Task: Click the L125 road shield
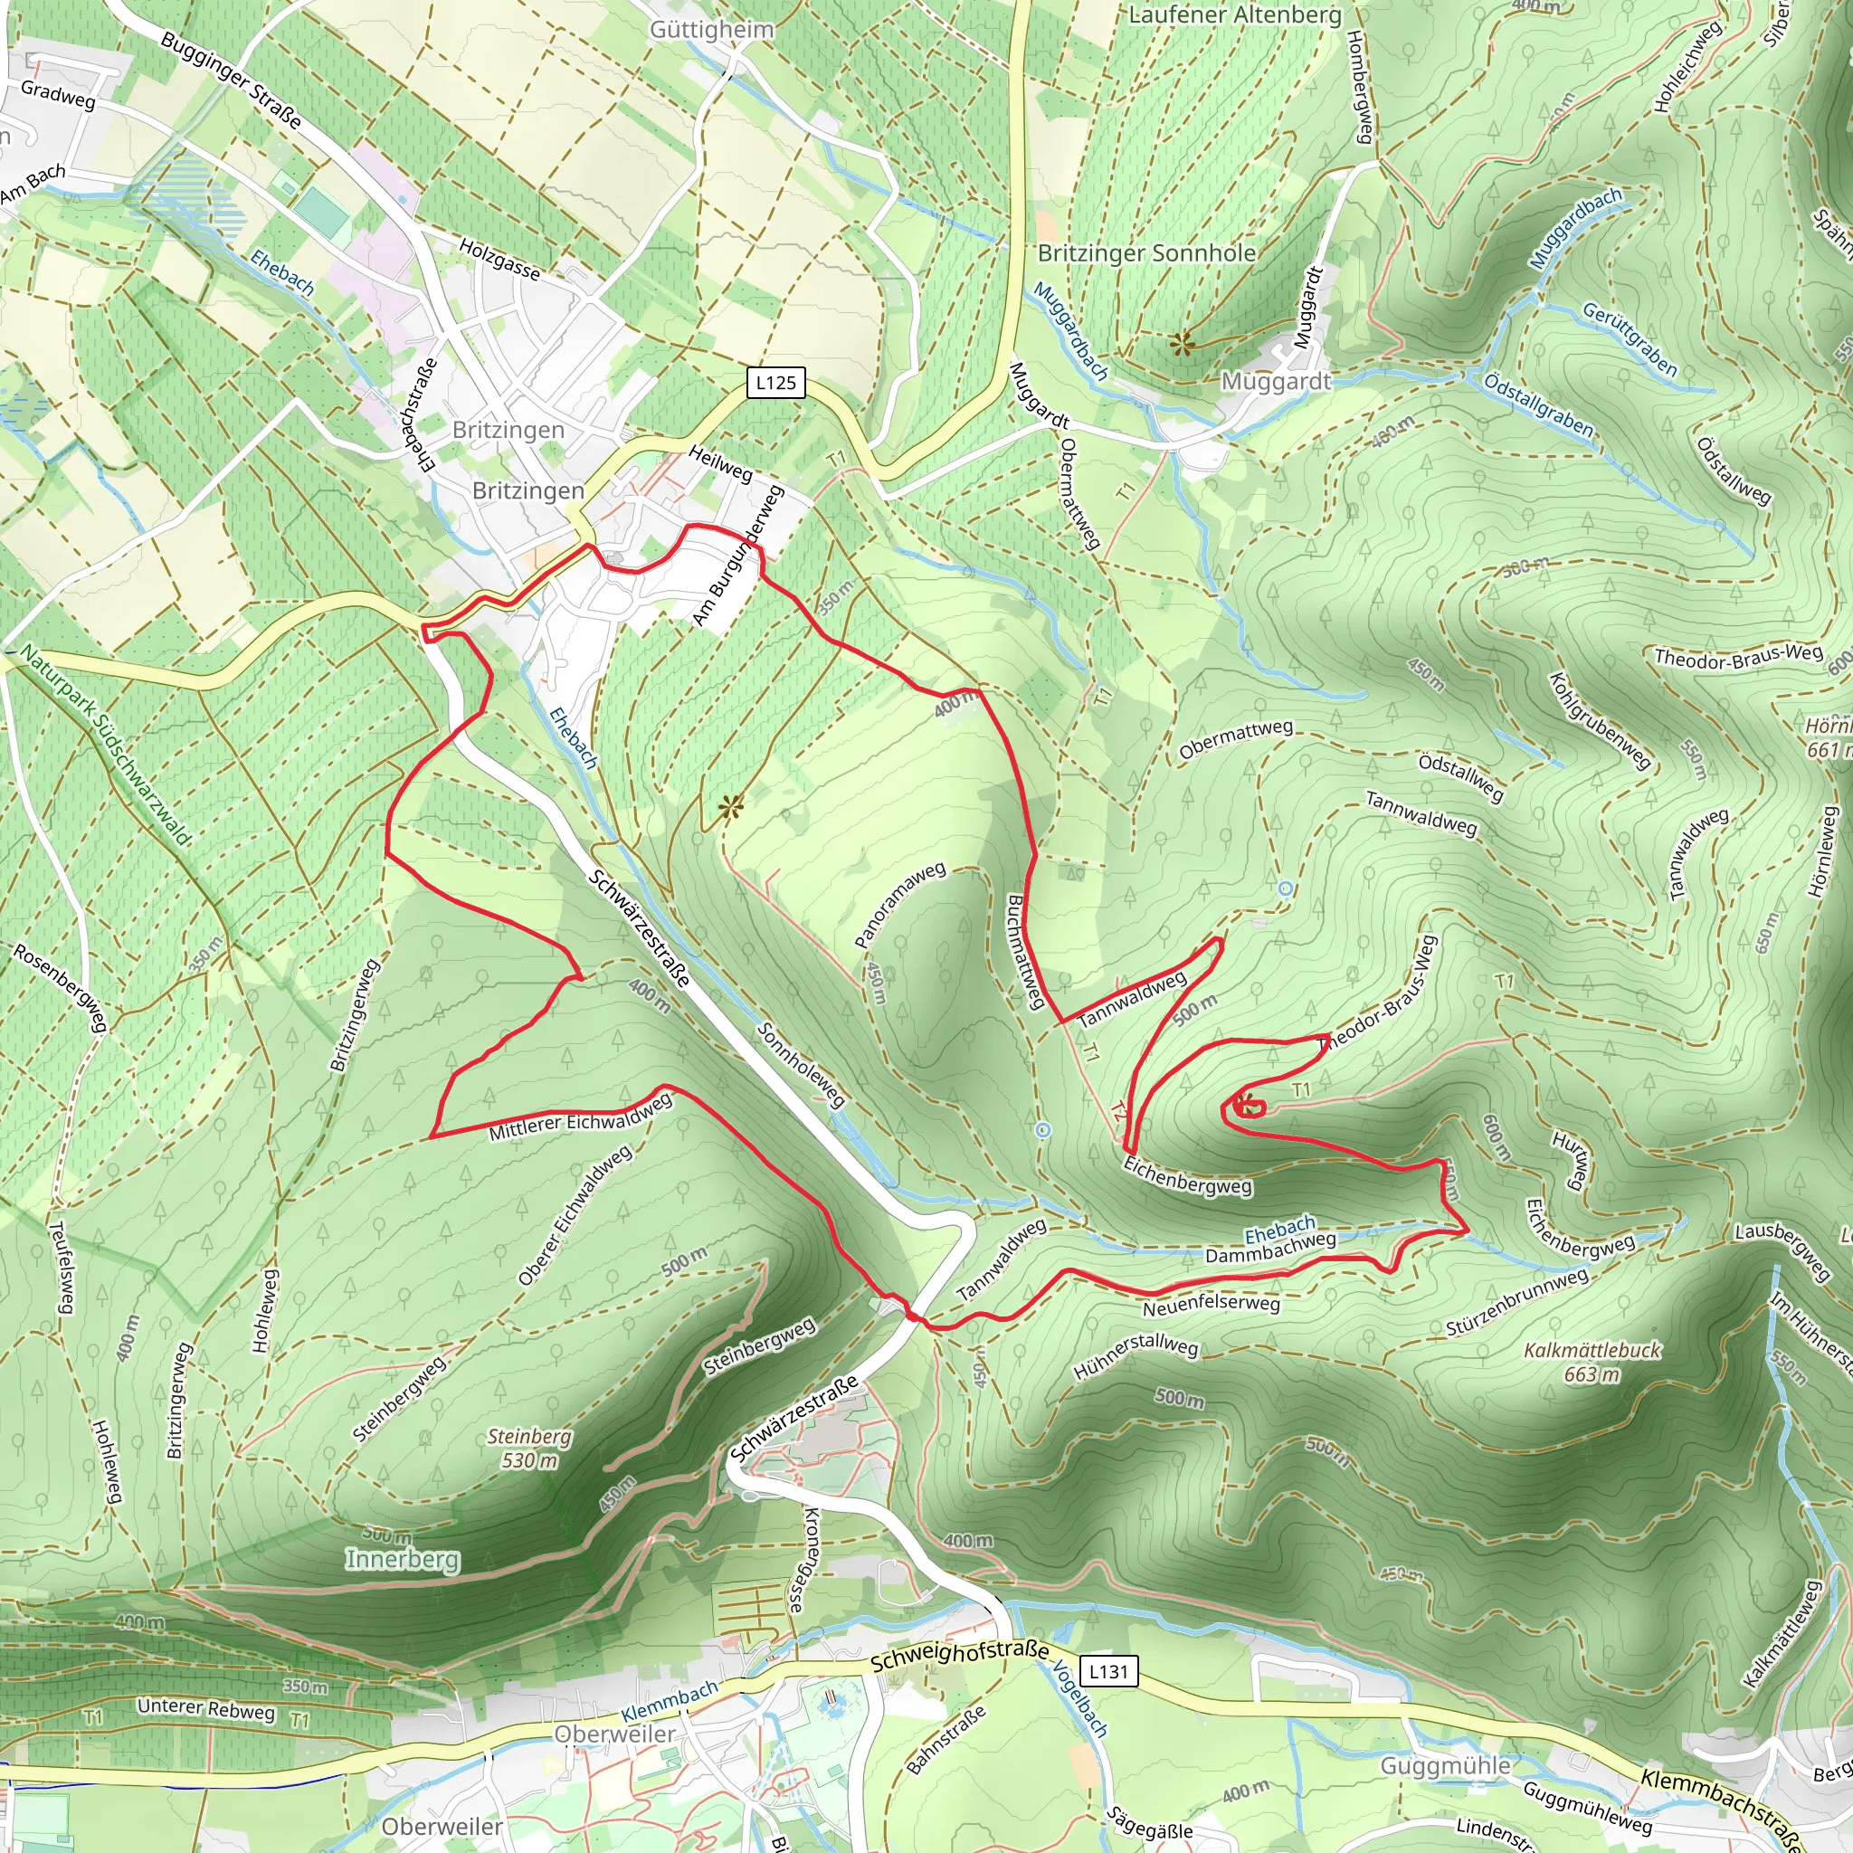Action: [775, 383]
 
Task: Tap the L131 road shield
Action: [1108, 1672]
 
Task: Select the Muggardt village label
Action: [1276, 383]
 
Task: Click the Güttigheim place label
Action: [712, 30]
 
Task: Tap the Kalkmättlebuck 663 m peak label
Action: [1592, 1362]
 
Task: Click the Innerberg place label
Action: [403, 1560]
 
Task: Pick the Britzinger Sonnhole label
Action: [1147, 253]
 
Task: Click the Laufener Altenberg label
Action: [1235, 14]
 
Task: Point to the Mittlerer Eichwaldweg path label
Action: [580, 1118]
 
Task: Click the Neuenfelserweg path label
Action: [1211, 1306]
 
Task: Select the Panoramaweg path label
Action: [899, 905]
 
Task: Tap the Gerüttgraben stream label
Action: [1630, 339]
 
